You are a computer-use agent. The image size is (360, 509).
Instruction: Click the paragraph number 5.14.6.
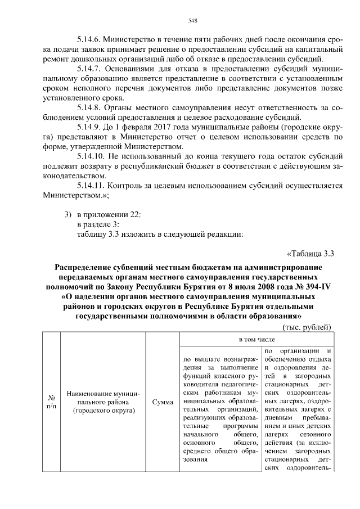(92, 40)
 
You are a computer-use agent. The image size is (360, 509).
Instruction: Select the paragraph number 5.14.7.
(92, 69)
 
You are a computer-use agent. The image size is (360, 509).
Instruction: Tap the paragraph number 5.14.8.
(92, 107)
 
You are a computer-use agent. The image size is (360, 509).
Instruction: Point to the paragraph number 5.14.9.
(92, 127)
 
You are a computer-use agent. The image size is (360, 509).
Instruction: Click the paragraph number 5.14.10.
(94, 156)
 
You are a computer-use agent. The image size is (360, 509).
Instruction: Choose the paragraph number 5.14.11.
(94, 185)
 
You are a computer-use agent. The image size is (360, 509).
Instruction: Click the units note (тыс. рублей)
(307, 327)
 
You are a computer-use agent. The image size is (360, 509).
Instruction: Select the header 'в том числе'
(256, 340)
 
